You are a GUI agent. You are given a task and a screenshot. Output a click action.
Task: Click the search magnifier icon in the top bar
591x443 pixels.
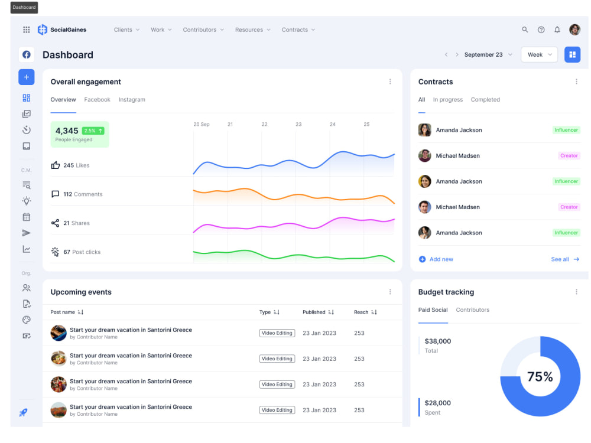pyautogui.click(x=525, y=30)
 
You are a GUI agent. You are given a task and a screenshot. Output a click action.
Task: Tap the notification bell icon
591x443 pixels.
pyautogui.click(x=557, y=30)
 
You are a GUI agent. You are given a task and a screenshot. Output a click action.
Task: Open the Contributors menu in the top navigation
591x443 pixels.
pyautogui.click(x=203, y=30)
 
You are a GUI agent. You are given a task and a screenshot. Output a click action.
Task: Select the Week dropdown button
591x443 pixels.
pyautogui.click(x=540, y=54)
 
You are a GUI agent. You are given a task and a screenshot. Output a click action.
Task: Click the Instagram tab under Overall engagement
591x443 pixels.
pyautogui.click(x=132, y=99)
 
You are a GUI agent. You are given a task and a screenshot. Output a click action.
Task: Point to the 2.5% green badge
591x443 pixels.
pyautogui.click(x=93, y=131)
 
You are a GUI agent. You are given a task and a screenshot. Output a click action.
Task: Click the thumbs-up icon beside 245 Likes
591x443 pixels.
pyautogui.click(x=56, y=165)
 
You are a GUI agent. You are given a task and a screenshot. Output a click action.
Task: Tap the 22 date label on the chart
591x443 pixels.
pyautogui.click(x=265, y=124)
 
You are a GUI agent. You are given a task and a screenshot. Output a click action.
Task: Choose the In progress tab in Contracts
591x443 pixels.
pyautogui.click(x=448, y=99)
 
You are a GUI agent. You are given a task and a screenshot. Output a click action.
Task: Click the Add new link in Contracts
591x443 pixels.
pyautogui.click(x=436, y=259)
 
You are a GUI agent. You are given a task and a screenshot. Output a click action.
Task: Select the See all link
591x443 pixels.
pyautogui.click(x=565, y=259)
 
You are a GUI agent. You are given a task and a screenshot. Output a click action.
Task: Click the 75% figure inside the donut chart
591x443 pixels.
pyautogui.click(x=540, y=376)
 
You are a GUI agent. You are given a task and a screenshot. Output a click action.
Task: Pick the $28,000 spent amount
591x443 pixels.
pyautogui.click(x=437, y=403)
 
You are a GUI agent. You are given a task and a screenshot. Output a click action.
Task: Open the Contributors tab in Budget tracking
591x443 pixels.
pyautogui.click(x=473, y=310)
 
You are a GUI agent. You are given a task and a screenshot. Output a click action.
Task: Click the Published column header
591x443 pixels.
pyautogui.click(x=314, y=312)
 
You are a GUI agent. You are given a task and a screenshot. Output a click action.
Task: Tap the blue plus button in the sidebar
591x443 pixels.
pyautogui.click(x=27, y=77)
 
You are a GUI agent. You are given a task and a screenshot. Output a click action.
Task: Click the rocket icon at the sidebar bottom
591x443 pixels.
pyautogui.click(x=24, y=412)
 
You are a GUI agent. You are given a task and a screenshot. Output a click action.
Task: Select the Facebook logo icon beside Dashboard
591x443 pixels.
pyautogui.click(x=27, y=54)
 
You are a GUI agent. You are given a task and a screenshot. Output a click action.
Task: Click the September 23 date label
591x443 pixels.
pyautogui.click(x=483, y=54)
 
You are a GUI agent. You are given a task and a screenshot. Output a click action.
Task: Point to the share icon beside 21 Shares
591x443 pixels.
pyautogui.click(x=56, y=223)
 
